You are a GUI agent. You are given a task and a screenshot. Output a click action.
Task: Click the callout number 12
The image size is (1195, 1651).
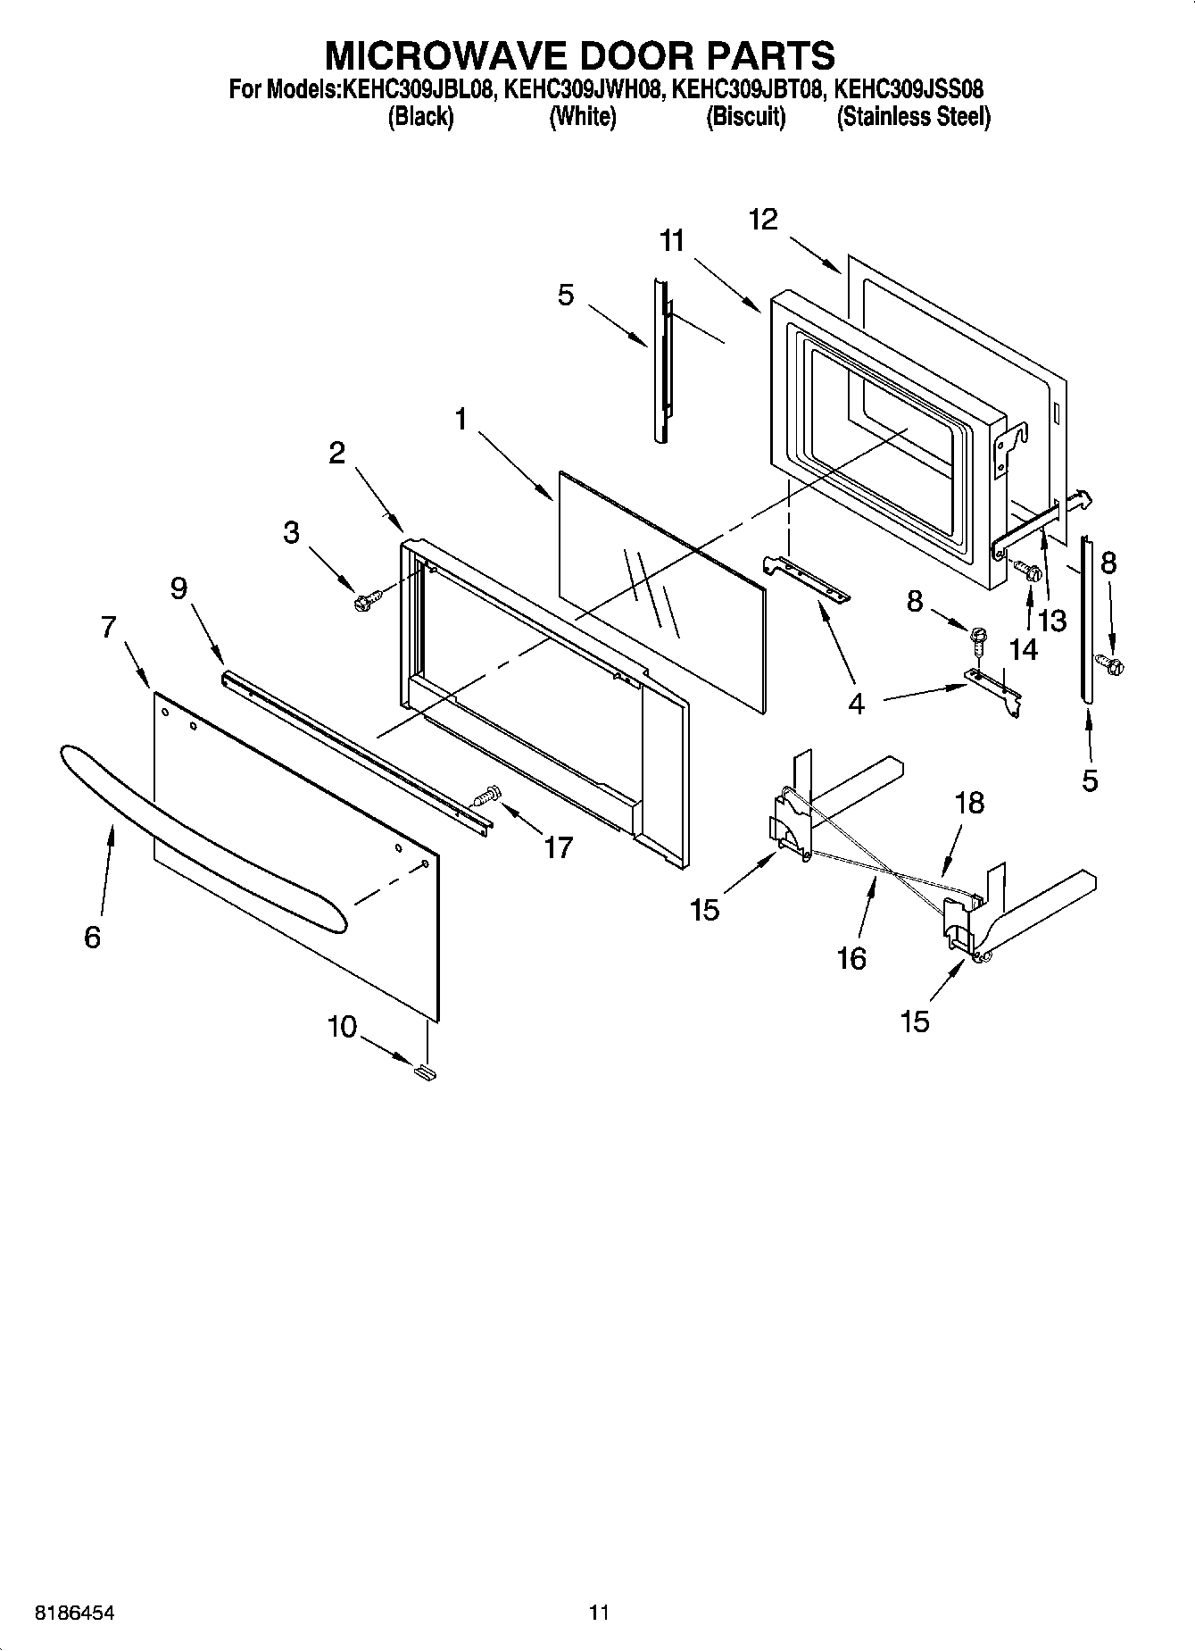pyautogui.click(x=763, y=219)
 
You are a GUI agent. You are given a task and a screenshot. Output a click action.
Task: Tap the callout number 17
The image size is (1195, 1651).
pyautogui.click(x=558, y=847)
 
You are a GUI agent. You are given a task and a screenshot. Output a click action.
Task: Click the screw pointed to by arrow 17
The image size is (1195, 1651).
pyautogui.click(x=487, y=794)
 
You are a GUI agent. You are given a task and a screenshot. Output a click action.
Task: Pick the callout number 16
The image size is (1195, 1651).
pyautogui.click(x=851, y=958)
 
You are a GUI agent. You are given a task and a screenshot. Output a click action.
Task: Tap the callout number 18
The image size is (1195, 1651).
pyautogui.click(x=969, y=802)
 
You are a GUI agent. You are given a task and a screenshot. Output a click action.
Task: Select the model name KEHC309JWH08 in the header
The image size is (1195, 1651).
pyautogui.click(x=583, y=89)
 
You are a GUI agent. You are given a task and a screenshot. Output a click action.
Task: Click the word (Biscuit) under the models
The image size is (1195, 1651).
pyautogui.click(x=746, y=117)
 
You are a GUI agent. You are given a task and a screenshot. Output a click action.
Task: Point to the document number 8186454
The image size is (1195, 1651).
pyautogui.click(x=74, y=1613)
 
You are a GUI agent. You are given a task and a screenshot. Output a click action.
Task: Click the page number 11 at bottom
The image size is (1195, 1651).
pyautogui.click(x=599, y=1613)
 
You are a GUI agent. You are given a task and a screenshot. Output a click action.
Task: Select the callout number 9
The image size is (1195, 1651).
pyautogui.click(x=178, y=588)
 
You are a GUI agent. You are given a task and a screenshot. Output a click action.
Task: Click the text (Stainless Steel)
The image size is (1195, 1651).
pyautogui.click(x=913, y=117)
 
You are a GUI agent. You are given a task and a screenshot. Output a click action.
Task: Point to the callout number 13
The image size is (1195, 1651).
pyautogui.click(x=1052, y=621)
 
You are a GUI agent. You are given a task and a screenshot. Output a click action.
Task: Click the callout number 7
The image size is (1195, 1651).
pyautogui.click(x=108, y=628)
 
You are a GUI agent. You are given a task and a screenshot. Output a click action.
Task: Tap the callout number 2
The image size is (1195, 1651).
pyautogui.click(x=336, y=453)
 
